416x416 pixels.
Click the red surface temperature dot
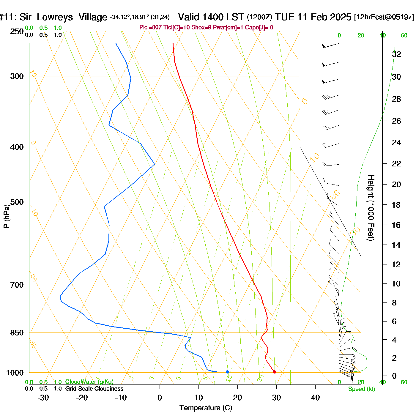tap(275, 372)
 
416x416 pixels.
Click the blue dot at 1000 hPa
tap(227, 372)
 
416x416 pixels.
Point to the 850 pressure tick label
tap(17, 333)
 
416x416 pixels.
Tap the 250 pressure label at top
tap(17, 31)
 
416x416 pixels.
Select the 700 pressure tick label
tap(17, 285)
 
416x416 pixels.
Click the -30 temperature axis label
tap(43, 398)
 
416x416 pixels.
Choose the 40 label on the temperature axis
tap(315, 398)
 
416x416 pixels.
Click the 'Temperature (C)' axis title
tap(206, 408)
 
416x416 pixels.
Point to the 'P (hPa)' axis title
tap(7, 216)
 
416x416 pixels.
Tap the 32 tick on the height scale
tap(396, 54)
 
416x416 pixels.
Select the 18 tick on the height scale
tap(396, 205)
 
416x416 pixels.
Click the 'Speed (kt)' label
tap(362, 389)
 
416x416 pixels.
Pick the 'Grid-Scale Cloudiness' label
tap(94, 389)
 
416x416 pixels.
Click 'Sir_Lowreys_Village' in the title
tap(63, 17)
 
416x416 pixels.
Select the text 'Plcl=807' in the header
tap(150, 28)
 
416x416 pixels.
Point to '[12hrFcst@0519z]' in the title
tap(384, 17)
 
